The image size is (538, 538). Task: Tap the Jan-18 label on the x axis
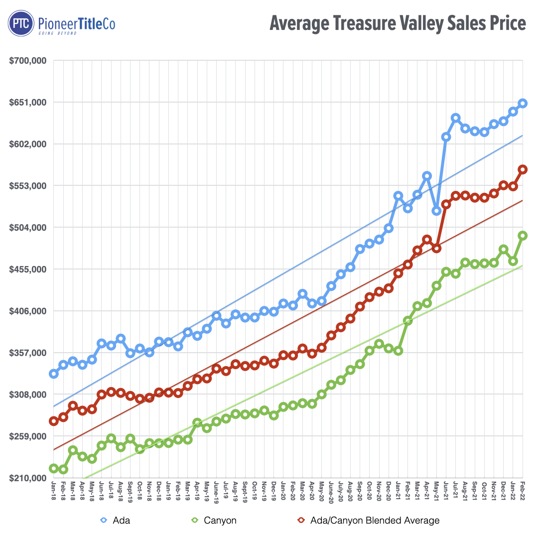[x=53, y=488]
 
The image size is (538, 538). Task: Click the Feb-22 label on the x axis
[x=523, y=488]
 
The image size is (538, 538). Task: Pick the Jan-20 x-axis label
[x=283, y=488]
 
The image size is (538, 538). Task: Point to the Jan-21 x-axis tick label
[x=398, y=488]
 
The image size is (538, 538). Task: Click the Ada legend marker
[x=104, y=520]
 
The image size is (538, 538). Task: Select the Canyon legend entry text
[x=220, y=521]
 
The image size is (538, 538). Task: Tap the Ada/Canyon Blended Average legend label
[x=375, y=521]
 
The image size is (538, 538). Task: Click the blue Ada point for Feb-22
[x=523, y=103]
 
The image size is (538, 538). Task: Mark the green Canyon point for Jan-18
[x=53, y=468]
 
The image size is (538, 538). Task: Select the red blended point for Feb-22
[x=523, y=169]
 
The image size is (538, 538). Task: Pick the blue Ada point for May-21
[x=436, y=211]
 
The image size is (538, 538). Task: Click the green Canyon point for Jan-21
[x=398, y=351]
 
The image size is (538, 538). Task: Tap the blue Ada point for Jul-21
[x=455, y=118]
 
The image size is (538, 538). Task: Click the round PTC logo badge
[x=20, y=24]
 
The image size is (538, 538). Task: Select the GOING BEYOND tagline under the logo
[x=58, y=33]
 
